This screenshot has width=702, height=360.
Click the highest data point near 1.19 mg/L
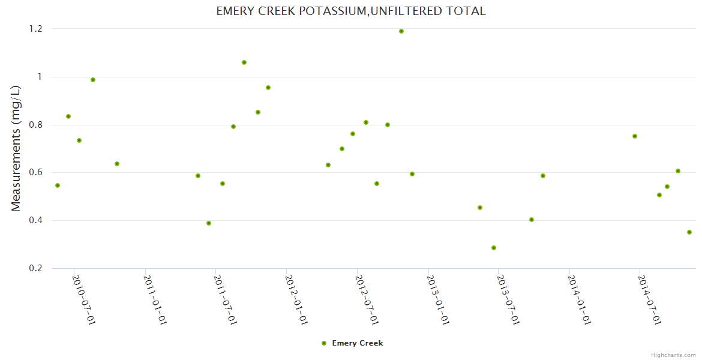401,31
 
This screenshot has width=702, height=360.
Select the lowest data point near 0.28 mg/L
494,248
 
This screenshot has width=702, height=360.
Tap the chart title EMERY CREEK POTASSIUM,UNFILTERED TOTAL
351,11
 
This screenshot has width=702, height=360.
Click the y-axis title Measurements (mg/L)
16,148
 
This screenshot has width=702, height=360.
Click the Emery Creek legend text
358,343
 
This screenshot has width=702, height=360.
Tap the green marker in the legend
324,343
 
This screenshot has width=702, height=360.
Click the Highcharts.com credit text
673,355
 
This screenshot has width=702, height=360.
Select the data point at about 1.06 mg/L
244,62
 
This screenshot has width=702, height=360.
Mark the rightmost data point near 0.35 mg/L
689,232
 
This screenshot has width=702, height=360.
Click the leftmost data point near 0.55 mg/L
58,185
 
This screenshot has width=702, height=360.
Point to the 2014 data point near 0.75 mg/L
635,136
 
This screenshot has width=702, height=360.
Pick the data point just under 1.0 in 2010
93,80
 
